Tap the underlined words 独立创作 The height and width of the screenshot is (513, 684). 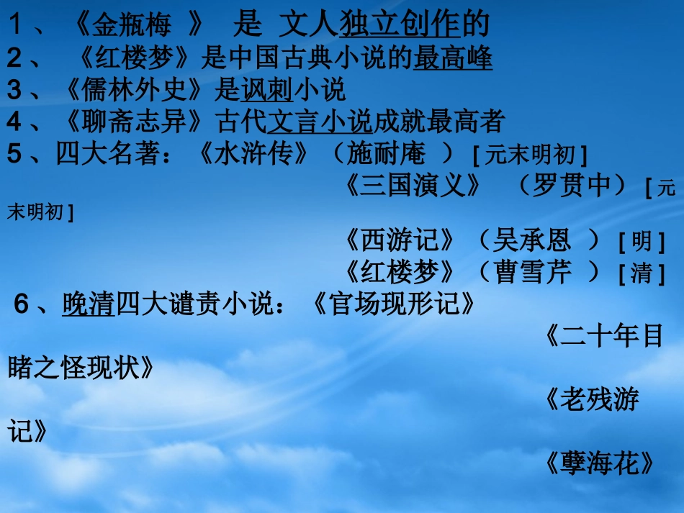(x=400, y=26)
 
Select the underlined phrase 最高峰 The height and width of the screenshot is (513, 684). (x=453, y=58)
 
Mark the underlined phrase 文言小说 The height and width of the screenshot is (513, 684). (x=320, y=122)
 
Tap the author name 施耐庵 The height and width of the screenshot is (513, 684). (x=386, y=154)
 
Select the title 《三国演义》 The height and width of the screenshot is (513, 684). (x=413, y=186)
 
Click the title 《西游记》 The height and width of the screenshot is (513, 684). (x=400, y=240)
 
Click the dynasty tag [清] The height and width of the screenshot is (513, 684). (x=641, y=273)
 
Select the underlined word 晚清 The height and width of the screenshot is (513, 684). (x=89, y=304)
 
